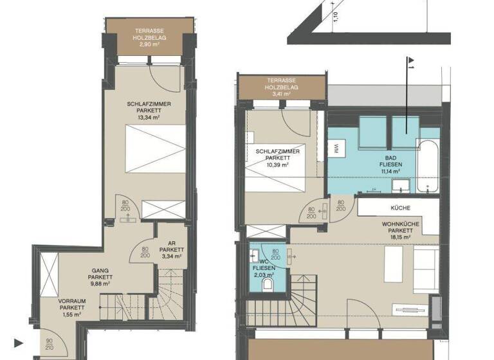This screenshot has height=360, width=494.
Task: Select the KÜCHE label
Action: point(400,208)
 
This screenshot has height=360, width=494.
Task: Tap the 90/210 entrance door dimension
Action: point(50,345)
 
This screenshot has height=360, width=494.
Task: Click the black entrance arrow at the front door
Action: point(19,343)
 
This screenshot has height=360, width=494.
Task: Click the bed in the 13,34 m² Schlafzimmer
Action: point(155,149)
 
